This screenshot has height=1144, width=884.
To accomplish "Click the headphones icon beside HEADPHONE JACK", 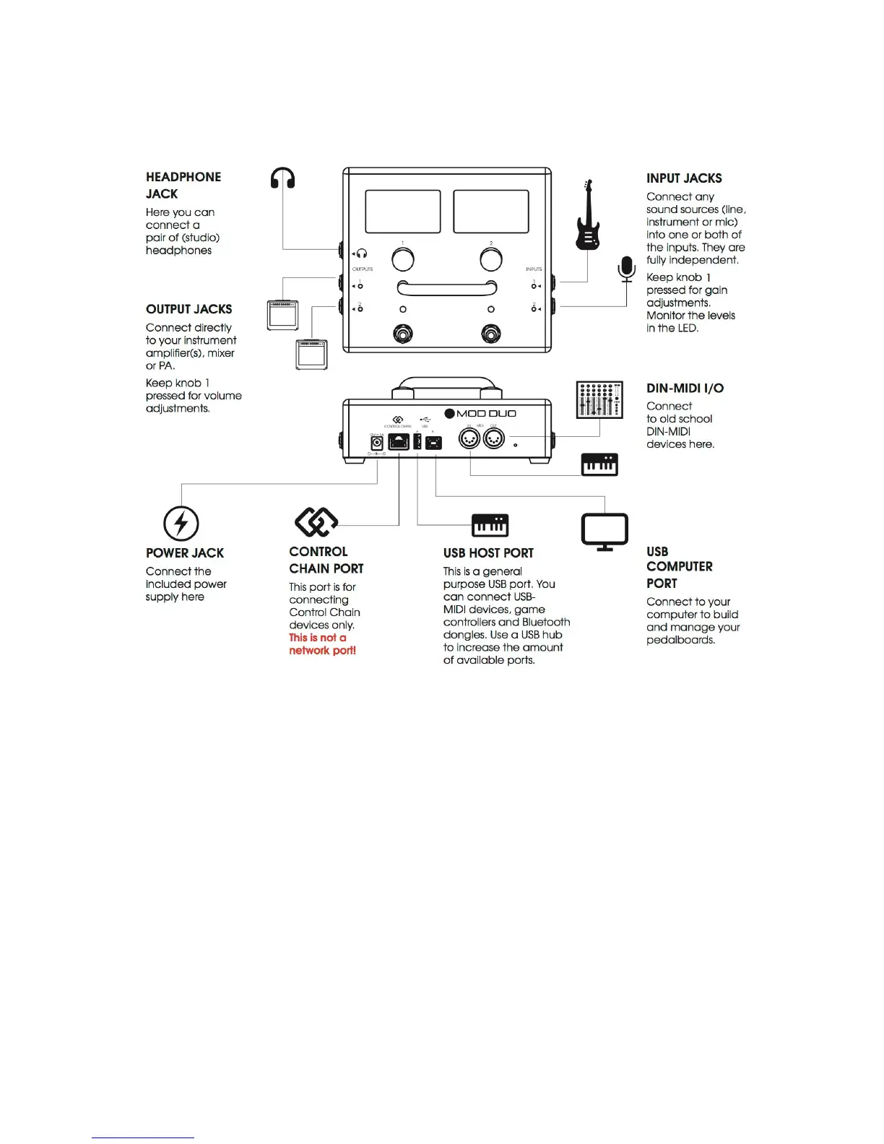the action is pyautogui.click(x=282, y=178).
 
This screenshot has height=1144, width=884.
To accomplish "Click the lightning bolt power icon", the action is pyautogui.click(x=181, y=523).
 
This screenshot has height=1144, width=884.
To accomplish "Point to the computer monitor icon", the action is pyautogui.click(x=604, y=532).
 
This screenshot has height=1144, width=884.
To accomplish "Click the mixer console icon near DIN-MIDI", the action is pyautogui.click(x=599, y=399).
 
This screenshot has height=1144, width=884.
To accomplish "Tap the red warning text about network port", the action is pyautogui.click(x=322, y=644).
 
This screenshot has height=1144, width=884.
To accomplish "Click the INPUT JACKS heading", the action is pyautogui.click(x=684, y=178).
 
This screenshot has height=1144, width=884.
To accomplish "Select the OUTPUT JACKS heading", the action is pyautogui.click(x=188, y=309).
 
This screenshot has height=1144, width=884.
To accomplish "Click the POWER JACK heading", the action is pyautogui.click(x=185, y=553).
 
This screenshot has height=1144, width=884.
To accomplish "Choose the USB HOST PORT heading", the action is pyautogui.click(x=488, y=553).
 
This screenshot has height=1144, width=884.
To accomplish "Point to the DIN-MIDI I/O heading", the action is pyautogui.click(x=685, y=389).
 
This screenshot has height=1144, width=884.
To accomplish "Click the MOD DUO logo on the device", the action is pyautogui.click(x=480, y=414).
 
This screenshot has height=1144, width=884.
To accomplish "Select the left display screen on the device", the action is pyautogui.click(x=403, y=212).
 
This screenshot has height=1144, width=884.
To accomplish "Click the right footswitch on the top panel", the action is pyautogui.click(x=491, y=334).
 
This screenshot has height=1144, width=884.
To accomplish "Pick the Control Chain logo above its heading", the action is pyautogui.click(x=316, y=521).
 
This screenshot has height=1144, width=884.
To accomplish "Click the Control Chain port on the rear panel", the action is pyautogui.click(x=399, y=442).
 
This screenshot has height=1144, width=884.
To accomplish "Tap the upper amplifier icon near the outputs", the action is pyautogui.click(x=282, y=315).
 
